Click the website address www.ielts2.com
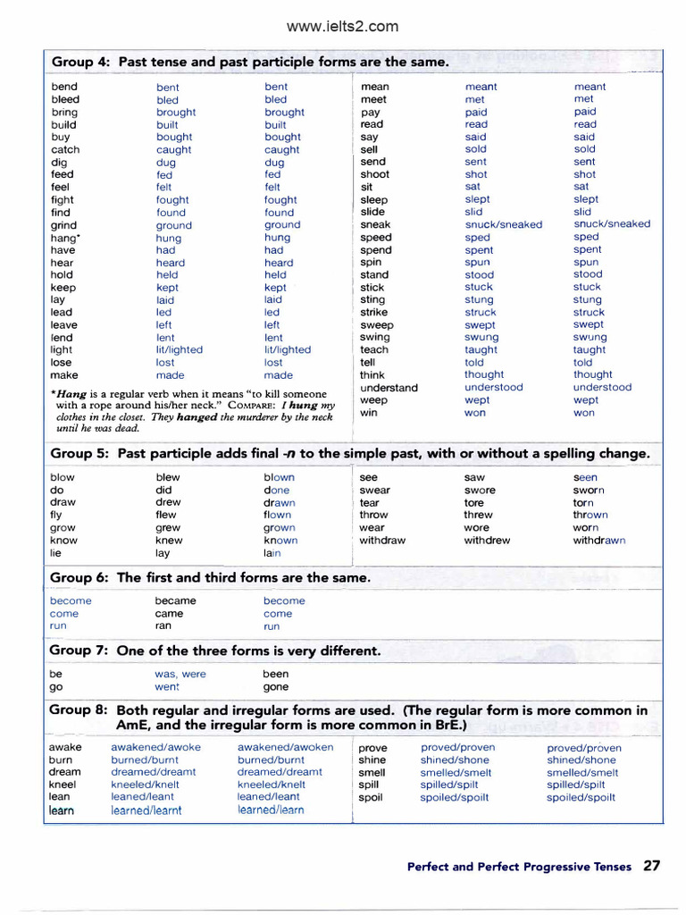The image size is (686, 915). pyautogui.click(x=342, y=26)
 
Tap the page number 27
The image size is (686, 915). pyautogui.click(x=652, y=866)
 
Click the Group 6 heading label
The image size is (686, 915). pyautogui.click(x=79, y=578)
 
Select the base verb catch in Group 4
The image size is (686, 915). pyautogui.click(x=65, y=150)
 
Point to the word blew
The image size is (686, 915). pyautogui.click(x=168, y=477)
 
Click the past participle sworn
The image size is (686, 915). pyautogui.click(x=589, y=491)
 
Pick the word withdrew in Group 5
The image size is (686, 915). pyautogui.click(x=487, y=541)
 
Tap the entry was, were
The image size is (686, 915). pyautogui.click(x=180, y=675)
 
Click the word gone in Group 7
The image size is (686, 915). pyautogui.click(x=276, y=687)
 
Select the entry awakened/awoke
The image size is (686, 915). pyautogui.click(x=155, y=748)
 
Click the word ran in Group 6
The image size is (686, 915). pyautogui.click(x=163, y=626)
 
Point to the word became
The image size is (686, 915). pyautogui.click(x=174, y=601)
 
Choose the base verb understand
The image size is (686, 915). pyautogui.click(x=389, y=388)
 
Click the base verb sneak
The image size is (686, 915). pyautogui.click(x=375, y=225)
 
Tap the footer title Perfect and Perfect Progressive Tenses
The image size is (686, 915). pyautogui.click(x=518, y=867)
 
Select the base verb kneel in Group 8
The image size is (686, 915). pyautogui.click(x=63, y=785)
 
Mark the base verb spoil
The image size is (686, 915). pyautogui.click(x=371, y=797)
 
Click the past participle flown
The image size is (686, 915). pyautogui.click(x=277, y=516)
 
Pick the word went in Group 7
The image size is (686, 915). pyautogui.click(x=167, y=687)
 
